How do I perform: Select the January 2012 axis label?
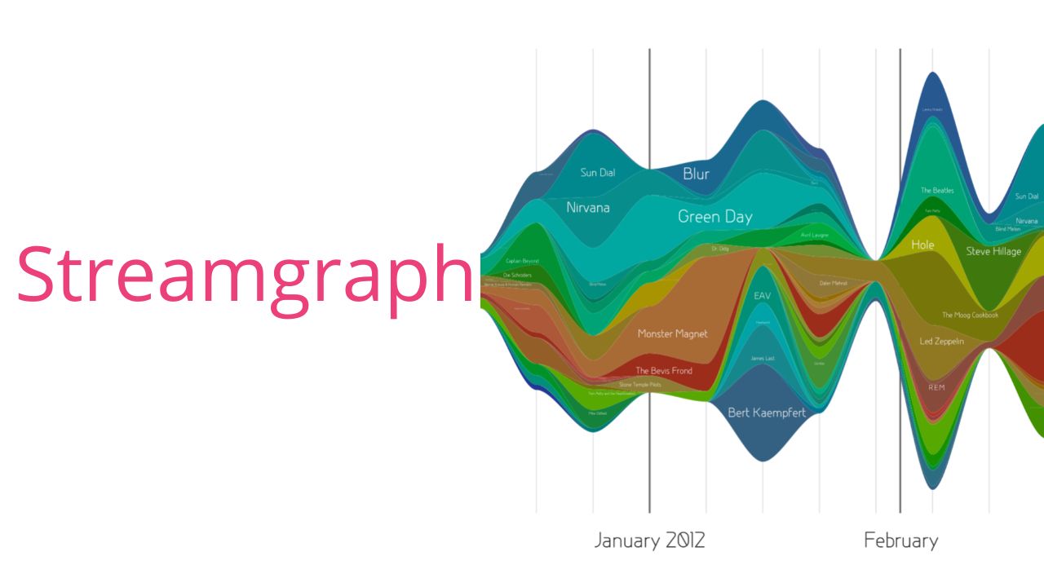[649, 541]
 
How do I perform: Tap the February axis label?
[900, 541]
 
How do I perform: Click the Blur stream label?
[696, 174]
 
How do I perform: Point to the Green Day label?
[714, 217]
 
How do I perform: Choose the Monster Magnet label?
[672, 333]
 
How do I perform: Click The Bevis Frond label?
[664, 371]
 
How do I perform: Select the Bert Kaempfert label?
[766, 413]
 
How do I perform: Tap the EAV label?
[762, 295]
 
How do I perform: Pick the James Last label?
[763, 359]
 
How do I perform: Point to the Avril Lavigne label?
[815, 235]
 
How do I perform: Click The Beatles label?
[937, 191]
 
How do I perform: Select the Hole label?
[922, 245]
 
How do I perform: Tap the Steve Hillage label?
[993, 252]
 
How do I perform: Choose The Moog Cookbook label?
[970, 316]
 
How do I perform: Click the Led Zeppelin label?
[941, 342]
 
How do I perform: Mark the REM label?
[936, 387]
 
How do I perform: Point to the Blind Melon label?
[1007, 229]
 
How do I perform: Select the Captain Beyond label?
[522, 261]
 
